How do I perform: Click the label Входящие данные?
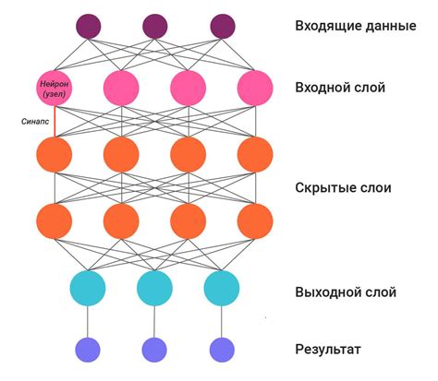pos(355,26)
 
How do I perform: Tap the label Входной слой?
pos(340,88)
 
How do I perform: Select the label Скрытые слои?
pos(345,188)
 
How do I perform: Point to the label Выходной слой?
pos(346,292)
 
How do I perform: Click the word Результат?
pos(329,349)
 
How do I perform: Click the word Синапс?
pos(35,121)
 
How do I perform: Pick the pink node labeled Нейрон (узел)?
pos(55,88)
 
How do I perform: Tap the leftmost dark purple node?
pos(88,26)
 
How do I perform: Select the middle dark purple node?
pos(154,26)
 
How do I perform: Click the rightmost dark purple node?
pos(222,26)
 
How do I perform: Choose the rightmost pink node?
pos(255,88)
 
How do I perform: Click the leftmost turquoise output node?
pos(88,288)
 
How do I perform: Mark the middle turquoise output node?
pos(154,288)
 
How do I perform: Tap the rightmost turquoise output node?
pos(222,288)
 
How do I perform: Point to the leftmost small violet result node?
pos(88,349)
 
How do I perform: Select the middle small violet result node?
pos(154,349)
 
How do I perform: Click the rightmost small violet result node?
pos(222,349)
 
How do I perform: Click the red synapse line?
pos(55,121)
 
